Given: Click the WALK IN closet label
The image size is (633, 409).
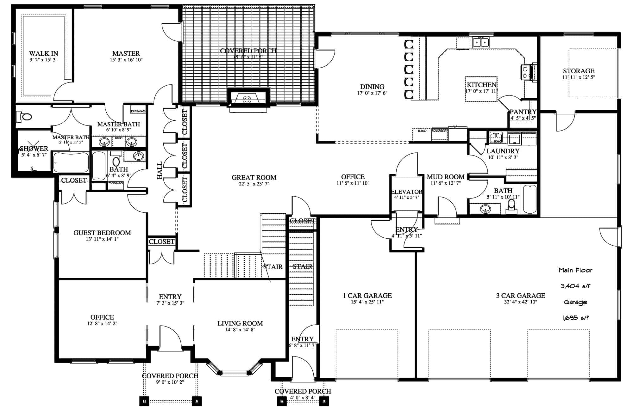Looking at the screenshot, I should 43,53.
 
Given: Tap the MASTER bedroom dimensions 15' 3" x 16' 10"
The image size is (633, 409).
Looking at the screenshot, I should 126,60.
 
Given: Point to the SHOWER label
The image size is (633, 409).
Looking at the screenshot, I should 34,149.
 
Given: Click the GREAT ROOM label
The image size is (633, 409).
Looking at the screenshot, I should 254,177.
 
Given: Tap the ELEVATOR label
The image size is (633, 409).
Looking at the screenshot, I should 407,192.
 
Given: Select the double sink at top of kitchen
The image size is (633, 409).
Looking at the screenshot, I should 481,42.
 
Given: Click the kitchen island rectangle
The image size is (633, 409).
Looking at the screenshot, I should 481,89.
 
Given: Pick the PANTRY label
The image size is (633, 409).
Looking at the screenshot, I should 523,112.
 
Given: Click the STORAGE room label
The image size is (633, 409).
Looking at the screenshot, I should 578,71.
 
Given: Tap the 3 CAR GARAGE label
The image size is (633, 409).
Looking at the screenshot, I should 520,296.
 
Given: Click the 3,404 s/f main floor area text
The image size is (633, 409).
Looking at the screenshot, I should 575,286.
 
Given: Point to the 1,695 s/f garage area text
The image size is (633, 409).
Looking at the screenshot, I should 575,318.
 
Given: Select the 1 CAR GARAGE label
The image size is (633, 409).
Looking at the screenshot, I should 367,296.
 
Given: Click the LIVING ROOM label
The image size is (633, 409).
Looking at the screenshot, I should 240,323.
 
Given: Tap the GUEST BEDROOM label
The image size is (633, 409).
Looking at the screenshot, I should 102,233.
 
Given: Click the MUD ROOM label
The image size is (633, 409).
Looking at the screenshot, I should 445,177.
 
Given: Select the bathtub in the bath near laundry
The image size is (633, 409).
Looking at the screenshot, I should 530,199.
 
